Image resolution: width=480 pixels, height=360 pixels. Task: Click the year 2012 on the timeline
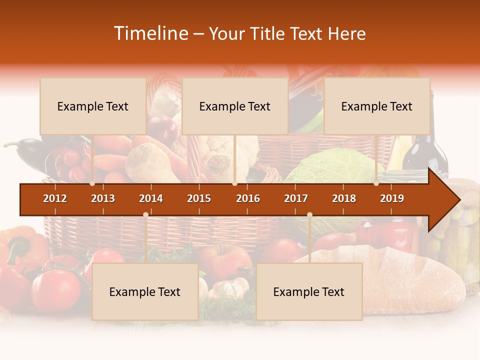(x=55, y=198)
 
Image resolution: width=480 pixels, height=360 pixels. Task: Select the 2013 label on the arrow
(x=103, y=198)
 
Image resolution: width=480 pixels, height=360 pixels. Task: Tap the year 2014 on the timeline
(x=151, y=198)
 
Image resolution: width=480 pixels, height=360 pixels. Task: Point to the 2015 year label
(x=199, y=198)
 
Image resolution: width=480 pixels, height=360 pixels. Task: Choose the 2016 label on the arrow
(x=248, y=198)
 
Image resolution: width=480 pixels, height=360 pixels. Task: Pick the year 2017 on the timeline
(x=296, y=198)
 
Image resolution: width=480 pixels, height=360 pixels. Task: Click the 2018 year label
(x=344, y=198)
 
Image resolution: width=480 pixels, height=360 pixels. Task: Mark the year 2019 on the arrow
(x=392, y=198)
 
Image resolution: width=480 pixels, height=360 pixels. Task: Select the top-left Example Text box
(x=93, y=106)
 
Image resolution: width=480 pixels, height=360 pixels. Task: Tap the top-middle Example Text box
(x=235, y=106)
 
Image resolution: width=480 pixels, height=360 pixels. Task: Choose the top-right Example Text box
(x=377, y=106)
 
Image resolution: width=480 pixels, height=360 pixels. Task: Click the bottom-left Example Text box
(x=145, y=292)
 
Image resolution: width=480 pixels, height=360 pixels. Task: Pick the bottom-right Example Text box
(x=309, y=292)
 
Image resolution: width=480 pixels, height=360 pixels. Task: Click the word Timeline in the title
(x=150, y=33)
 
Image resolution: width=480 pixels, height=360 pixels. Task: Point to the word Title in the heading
(x=270, y=34)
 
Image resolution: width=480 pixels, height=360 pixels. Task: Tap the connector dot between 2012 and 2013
(x=92, y=183)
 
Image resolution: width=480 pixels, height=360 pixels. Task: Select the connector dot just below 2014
(x=145, y=214)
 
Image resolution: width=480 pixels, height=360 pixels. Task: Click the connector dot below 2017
(x=309, y=214)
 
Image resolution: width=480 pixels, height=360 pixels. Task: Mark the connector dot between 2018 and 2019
(x=376, y=183)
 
